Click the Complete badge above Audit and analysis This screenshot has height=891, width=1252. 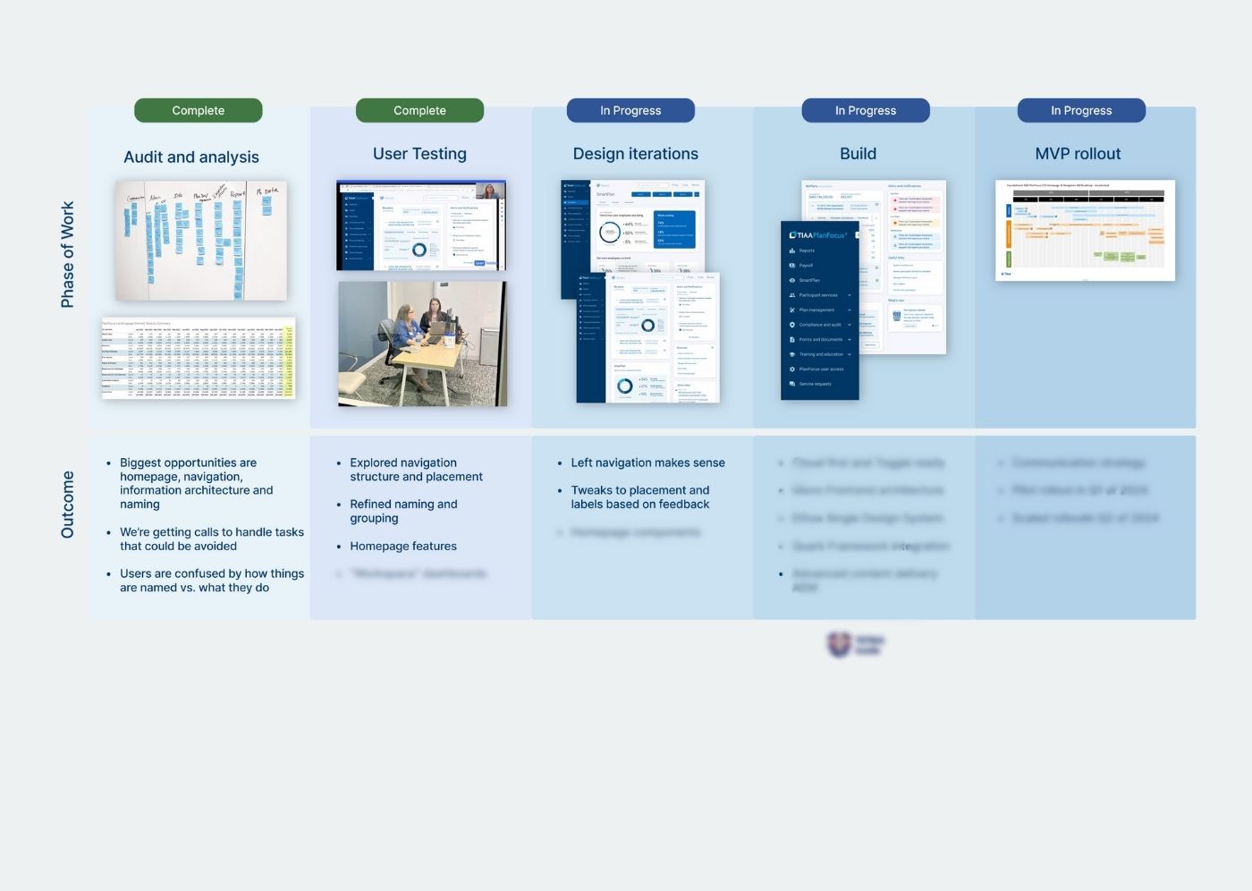(x=198, y=111)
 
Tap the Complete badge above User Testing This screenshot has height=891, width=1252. (x=419, y=111)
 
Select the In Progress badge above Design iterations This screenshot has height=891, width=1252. (x=630, y=111)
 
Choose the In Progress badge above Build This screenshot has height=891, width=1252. (x=866, y=111)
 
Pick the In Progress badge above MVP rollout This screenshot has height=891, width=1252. (x=1081, y=111)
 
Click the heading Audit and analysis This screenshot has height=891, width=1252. (x=191, y=157)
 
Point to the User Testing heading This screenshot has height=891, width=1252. (x=419, y=154)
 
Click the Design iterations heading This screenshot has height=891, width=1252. (x=636, y=154)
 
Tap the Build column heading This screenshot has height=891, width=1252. (x=858, y=154)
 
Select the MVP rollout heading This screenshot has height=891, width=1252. (x=1078, y=154)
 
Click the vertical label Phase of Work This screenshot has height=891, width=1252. (x=68, y=254)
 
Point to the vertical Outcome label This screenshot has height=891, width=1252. (x=68, y=505)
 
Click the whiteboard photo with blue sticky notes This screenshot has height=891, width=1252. (x=201, y=241)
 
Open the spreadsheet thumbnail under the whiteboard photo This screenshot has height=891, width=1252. (x=198, y=359)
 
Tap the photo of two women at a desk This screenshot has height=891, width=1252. (x=422, y=344)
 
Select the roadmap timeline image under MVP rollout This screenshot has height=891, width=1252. (x=1085, y=230)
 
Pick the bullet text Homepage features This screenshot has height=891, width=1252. (x=403, y=547)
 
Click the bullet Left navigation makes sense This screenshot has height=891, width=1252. (x=647, y=463)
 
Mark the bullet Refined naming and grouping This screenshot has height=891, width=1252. (x=403, y=511)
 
